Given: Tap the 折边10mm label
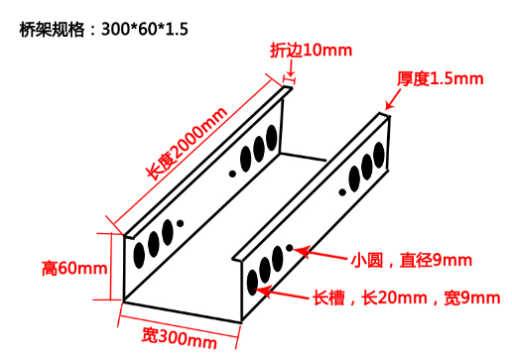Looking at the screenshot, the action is point(304,50).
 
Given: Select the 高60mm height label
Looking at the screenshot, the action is point(74,268).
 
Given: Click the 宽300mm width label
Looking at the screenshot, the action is point(179,342).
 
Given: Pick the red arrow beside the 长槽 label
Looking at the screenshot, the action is point(284,293).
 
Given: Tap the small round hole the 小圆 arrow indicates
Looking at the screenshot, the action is point(289,247).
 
